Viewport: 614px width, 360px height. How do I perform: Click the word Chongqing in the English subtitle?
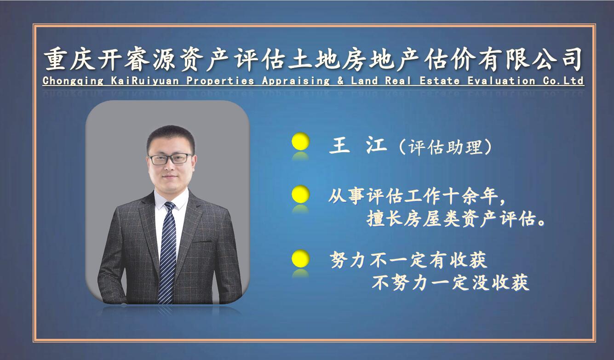pyautogui.click(x=73, y=81)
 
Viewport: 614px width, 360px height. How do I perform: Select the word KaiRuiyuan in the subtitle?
pyautogui.click(x=145, y=81)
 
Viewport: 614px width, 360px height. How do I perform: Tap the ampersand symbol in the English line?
pyautogui.click(x=340, y=81)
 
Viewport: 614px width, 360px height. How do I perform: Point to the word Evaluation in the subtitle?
pyautogui.click(x=501, y=81)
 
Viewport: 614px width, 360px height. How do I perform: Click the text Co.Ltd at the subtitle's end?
pyautogui.click(x=563, y=81)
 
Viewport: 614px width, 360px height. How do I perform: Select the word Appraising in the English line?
pyautogui.click(x=296, y=81)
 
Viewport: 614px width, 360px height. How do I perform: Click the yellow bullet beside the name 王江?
pyautogui.click(x=301, y=141)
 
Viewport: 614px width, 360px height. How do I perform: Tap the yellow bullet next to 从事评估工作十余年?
pyautogui.click(x=301, y=194)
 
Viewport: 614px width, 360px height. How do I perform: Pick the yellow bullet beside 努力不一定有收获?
pyautogui.click(x=301, y=258)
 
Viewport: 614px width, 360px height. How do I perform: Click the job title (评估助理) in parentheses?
pyautogui.click(x=445, y=147)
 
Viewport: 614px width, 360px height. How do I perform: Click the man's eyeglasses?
pyautogui.click(x=171, y=159)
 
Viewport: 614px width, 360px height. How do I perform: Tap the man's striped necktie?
pyautogui.click(x=167, y=252)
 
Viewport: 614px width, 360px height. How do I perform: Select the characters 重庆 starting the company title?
pyautogui.click(x=69, y=59)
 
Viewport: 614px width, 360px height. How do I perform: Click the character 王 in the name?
pyautogui.click(x=339, y=146)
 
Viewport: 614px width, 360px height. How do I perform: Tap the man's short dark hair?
pyautogui.click(x=171, y=137)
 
